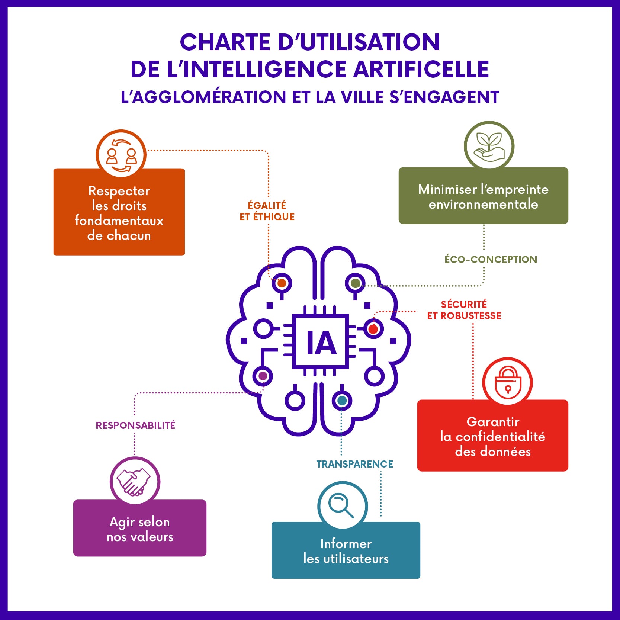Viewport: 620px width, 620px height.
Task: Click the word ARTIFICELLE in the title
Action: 421,69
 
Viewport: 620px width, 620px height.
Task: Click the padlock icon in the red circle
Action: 508,383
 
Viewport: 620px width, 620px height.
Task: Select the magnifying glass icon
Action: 342,505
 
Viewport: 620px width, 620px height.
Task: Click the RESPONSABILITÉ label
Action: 135,425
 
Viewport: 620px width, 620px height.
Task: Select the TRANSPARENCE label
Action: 354,464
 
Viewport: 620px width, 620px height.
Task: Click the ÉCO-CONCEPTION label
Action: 491,260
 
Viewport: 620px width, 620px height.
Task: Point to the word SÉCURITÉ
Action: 464,305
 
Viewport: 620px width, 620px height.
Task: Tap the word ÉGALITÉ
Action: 267,205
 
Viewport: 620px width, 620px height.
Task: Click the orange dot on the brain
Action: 282,283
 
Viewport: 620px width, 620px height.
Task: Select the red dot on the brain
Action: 373,329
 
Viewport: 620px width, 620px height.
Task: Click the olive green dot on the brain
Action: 355,283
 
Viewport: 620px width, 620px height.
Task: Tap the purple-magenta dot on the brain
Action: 263,376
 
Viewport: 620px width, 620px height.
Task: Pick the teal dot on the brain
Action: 342,401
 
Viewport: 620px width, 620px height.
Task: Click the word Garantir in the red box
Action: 493,422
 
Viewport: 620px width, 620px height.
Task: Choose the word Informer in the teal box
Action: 346,544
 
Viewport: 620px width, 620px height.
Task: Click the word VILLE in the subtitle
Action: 363,97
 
